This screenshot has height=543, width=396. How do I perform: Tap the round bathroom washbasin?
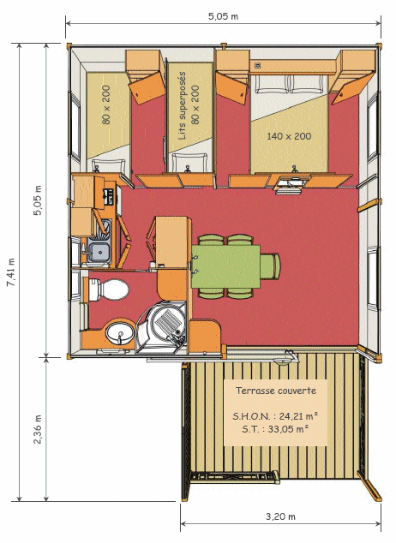[120, 333]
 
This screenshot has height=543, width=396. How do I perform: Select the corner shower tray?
[162, 327]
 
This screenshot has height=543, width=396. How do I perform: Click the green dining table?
[226, 266]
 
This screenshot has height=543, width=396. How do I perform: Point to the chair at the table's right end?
[270, 266]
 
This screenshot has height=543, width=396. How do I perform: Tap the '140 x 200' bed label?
[289, 136]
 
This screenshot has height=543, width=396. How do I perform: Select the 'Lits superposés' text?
[182, 105]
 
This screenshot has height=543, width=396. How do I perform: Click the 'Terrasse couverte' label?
[276, 391]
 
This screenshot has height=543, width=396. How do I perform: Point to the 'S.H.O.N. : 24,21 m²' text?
[275, 416]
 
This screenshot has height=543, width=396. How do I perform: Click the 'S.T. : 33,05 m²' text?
[275, 429]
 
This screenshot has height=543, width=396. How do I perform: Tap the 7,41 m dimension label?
[11, 272]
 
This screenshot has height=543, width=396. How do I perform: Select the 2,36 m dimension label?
[38, 429]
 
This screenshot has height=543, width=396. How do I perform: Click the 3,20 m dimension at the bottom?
[280, 516]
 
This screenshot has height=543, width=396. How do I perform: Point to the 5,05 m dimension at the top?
[223, 16]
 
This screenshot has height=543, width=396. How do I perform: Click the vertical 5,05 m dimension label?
[38, 200]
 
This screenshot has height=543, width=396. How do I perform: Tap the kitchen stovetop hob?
[109, 196]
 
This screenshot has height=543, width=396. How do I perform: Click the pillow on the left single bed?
[109, 165]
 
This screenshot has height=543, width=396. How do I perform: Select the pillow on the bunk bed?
[189, 162]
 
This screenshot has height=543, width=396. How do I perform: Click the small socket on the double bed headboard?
[257, 65]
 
